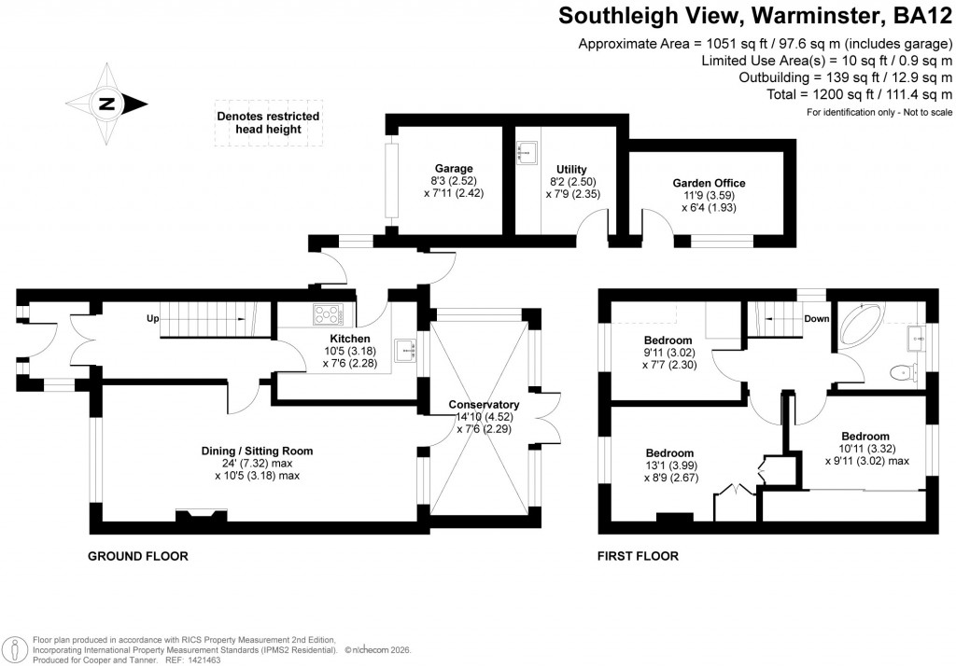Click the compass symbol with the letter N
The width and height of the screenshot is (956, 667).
pos(106,104)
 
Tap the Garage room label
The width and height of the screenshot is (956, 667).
pos(453,169)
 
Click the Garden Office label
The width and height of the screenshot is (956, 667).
pos(710,183)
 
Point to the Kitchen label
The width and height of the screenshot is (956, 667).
pos(350,339)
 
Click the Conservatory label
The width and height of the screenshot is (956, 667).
pos(483,404)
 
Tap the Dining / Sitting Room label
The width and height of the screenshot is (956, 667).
pos(257,451)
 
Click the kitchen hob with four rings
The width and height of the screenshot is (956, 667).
pos(328,315)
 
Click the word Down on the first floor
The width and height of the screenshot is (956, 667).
pos(817,318)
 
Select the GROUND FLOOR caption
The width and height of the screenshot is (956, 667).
pos(137,557)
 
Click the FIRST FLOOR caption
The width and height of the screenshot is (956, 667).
pos(638,557)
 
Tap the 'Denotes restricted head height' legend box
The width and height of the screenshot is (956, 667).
pos(268,122)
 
